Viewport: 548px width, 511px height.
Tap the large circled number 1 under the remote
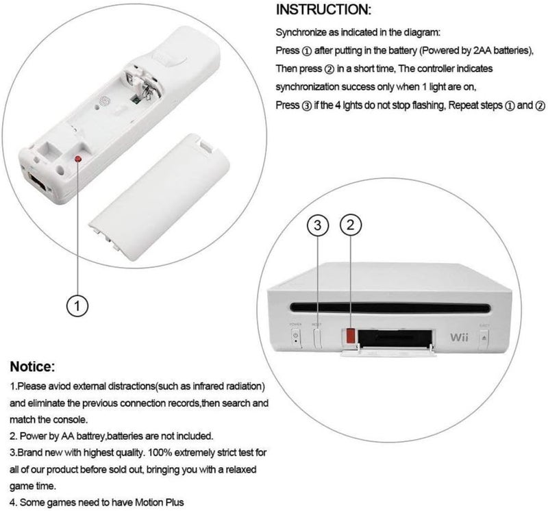(79, 305)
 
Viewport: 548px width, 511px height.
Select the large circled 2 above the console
(350, 225)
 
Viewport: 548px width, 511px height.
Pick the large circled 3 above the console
(318, 225)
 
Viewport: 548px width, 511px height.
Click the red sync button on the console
(349, 336)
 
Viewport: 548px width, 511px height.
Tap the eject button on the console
(484, 337)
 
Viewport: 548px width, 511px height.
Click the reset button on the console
(317, 338)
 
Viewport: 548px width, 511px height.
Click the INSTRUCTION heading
(323, 11)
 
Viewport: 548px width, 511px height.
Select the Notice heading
(38, 366)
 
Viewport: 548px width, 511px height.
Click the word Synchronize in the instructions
(301, 32)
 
